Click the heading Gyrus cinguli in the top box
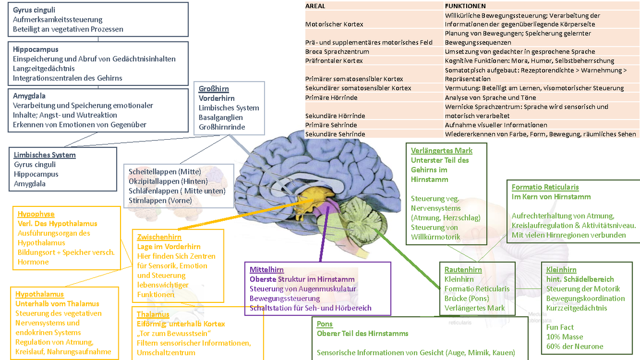(x=34, y=10)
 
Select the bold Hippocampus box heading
(x=36, y=49)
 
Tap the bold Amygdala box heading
(x=29, y=96)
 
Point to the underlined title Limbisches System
(x=45, y=155)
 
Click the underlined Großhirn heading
(x=214, y=89)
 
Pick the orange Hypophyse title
(x=36, y=214)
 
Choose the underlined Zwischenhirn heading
(x=159, y=237)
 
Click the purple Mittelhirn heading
(x=267, y=270)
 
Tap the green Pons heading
(x=324, y=324)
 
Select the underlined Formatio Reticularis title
(x=545, y=187)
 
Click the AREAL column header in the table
(x=315, y=6)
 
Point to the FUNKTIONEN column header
(x=465, y=6)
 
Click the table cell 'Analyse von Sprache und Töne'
(x=491, y=98)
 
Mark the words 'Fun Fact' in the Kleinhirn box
(x=561, y=327)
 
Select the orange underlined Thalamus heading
(x=153, y=314)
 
